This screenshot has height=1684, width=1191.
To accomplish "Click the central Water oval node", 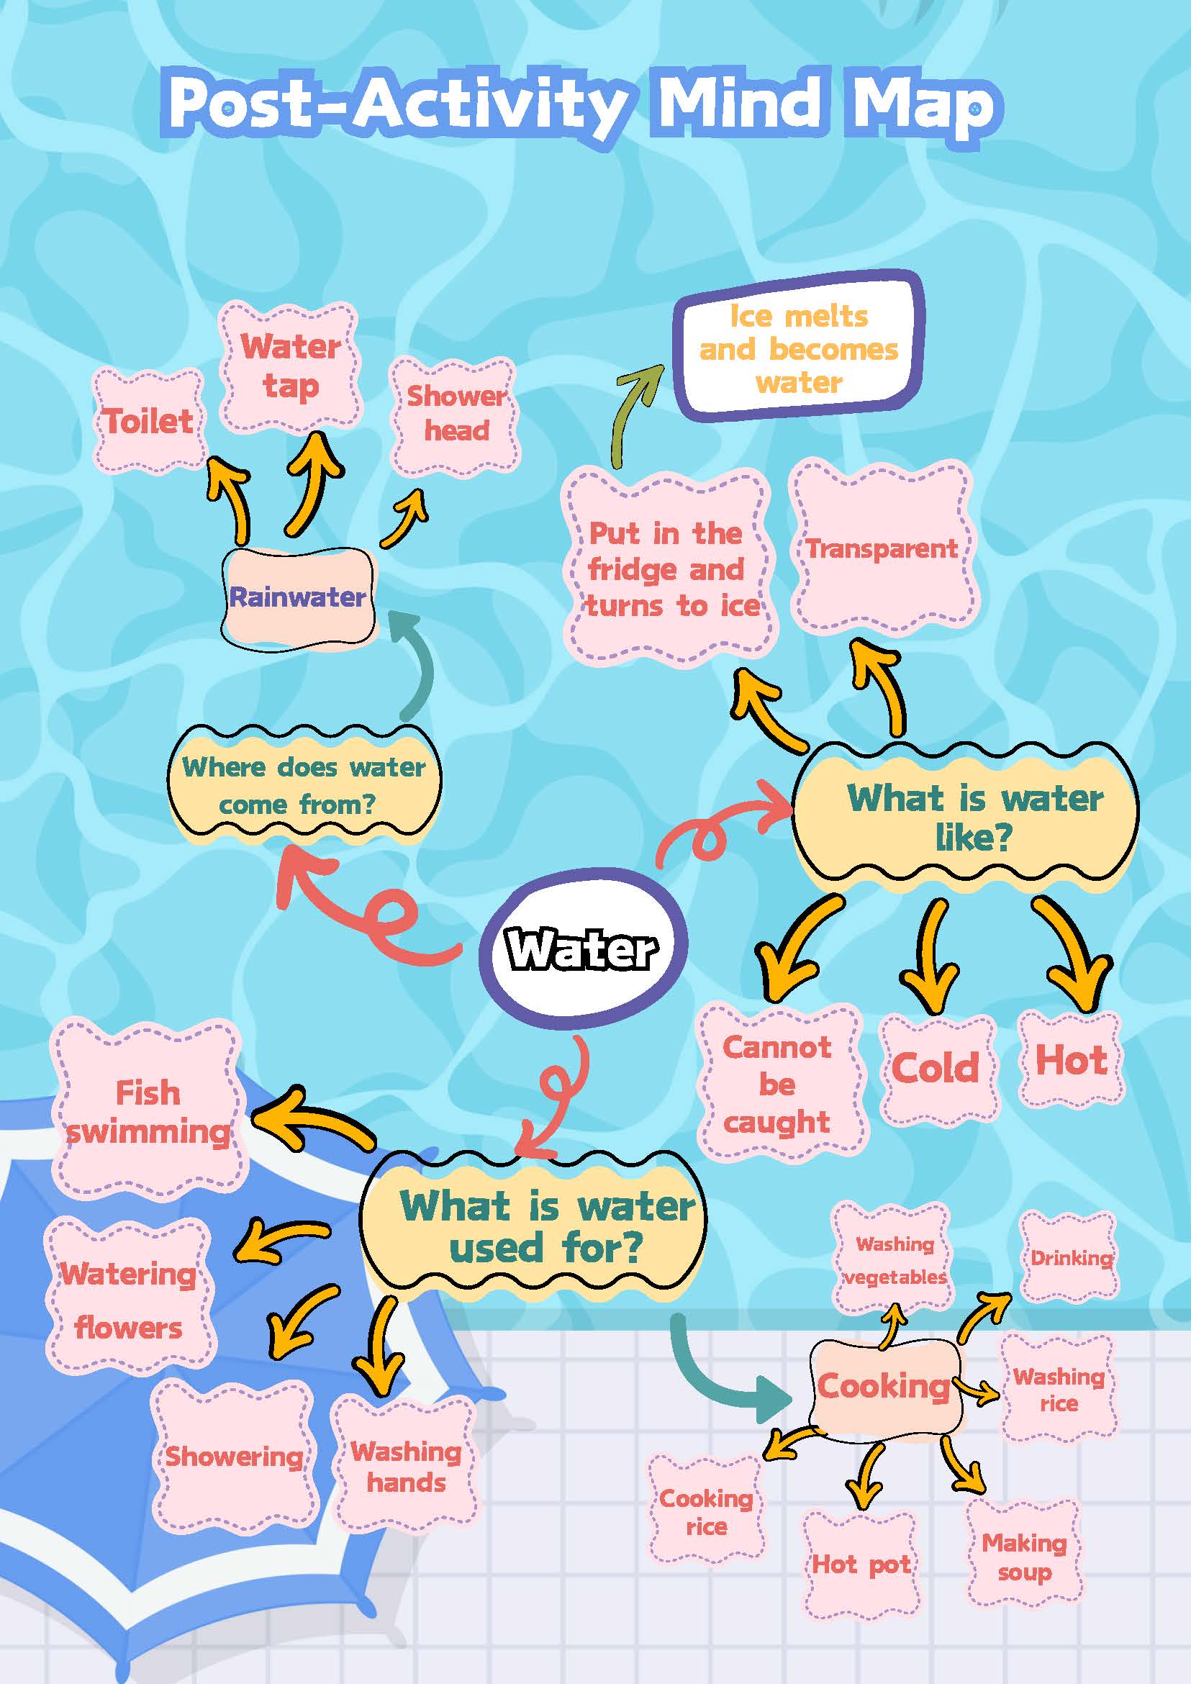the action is click(x=584, y=949).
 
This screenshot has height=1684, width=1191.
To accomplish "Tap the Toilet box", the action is click(x=149, y=420).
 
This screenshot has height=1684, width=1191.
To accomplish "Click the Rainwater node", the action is click(x=298, y=597).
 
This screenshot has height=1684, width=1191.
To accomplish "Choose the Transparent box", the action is click(x=883, y=548).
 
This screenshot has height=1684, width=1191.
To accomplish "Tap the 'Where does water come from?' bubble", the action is click(x=304, y=785).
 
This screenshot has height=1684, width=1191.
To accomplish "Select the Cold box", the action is click(x=936, y=1067).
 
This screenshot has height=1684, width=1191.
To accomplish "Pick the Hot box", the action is click(x=1071, y=1060).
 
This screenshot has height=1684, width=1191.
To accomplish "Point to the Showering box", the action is click(x=234, y=1455).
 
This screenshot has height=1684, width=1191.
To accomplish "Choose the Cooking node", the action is click(x=884, y=1385).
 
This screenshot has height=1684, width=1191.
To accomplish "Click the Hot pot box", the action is click(x=861, y=1564).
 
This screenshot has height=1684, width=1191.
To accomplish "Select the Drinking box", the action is click(x=1071, y=1258).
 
